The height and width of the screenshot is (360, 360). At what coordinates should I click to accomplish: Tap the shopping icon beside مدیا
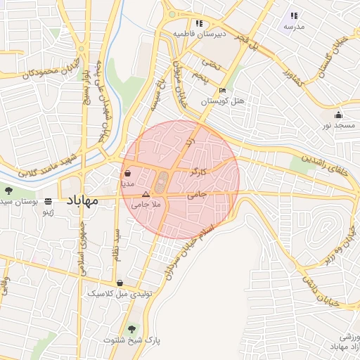click(127, 172)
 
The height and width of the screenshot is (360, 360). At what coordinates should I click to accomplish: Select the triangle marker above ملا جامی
click(146, 193)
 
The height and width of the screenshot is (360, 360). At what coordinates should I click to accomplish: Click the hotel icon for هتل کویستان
click(223, 90)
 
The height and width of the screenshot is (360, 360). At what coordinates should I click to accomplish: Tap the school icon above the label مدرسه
click(294, 15)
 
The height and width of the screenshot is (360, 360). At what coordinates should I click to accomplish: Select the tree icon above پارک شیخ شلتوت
click(131, 328)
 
